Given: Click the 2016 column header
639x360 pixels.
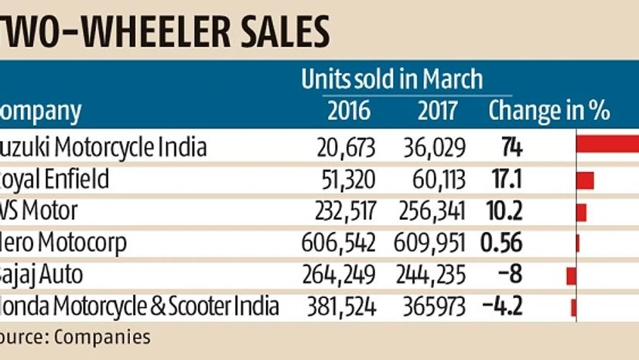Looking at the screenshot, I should [348, 111].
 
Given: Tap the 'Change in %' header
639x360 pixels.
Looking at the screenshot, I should [548, 111].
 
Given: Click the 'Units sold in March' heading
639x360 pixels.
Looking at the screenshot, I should [391, 80].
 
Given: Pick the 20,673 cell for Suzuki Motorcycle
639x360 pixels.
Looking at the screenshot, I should [345, 147].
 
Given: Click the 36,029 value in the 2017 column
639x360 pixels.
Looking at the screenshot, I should [435, 147].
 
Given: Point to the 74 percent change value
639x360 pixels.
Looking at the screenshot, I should [507, 147].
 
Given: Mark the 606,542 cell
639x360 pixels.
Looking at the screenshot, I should [339, 243].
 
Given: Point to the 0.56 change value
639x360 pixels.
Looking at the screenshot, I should [501, 243].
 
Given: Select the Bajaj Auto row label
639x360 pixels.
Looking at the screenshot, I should [47, 275].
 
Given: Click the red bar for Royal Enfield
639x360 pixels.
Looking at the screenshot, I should [585, 180].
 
